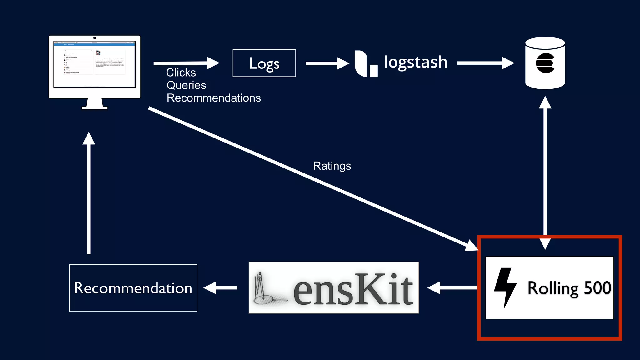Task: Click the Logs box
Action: coord(264,63)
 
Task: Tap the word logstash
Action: coord(416,62)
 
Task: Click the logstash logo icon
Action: coord(366,64)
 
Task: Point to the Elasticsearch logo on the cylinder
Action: coord(545,63)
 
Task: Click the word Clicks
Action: coord(181,72)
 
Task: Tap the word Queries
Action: coord(186,85)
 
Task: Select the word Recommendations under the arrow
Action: coord(214,98)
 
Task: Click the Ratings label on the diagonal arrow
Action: coord(332,166)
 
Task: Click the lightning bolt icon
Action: coord(505,287)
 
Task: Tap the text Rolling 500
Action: coord(569,288)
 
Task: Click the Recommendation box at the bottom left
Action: coord(133,288)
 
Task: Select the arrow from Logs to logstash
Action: coord(327,63)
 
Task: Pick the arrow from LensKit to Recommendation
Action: coord(221,288)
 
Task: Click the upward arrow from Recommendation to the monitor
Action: coord(89,194)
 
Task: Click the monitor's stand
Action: coord(95,104)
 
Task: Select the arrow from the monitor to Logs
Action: coord(186,63)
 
